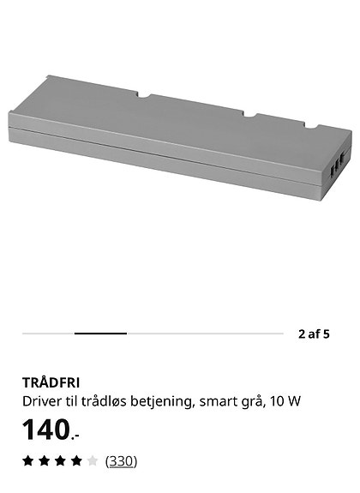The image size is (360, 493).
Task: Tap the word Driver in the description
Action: (39, 400)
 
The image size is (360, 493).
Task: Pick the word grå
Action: (249, 400)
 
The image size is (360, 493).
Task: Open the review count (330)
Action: (121, 461)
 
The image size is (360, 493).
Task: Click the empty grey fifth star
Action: (92, 461)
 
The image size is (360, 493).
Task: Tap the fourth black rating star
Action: (76, 461)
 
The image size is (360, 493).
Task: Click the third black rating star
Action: (60, 461)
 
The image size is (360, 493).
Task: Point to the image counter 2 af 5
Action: (314, 334)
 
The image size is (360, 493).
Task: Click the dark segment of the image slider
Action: (100, 334)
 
